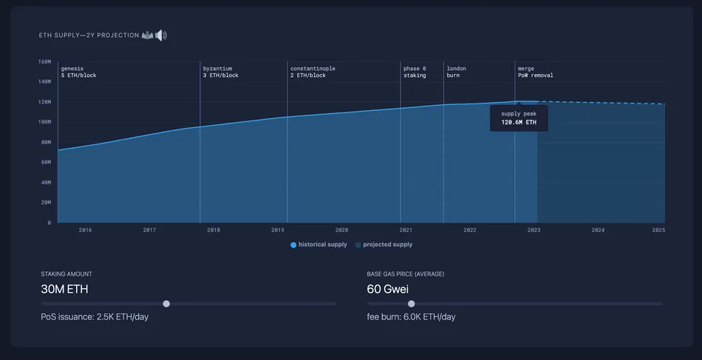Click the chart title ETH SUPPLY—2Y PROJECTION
coord(89,35)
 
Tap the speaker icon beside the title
coord(161,35)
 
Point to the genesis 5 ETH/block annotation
coord(78,72)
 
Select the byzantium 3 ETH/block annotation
coord(221,72)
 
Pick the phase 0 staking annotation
coord(415,72)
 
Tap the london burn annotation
coord(456,72)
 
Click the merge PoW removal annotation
coord(535,72)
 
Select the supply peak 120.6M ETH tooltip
coord(519,118)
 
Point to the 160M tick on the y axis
coord(44,62)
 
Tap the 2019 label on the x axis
coord(278,230)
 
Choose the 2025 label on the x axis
coord(659,230)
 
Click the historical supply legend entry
coord(319,245)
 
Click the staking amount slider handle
coord(166,303)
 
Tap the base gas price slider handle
coord(412,303)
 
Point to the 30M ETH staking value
coord(64,289)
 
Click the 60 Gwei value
coord(388,289)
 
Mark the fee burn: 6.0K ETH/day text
coord(411,317)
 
